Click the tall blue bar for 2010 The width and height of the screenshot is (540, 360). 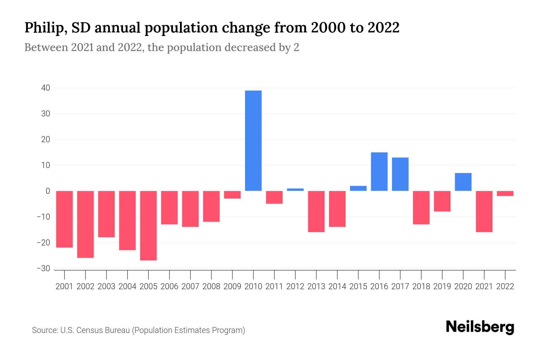tap(253, 140)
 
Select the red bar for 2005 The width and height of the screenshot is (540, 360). tap(148, 225)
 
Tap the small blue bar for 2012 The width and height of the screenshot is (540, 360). tap(295, 190)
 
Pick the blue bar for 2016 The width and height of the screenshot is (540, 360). tap(379, 172)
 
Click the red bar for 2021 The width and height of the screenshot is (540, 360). tap(484, 211)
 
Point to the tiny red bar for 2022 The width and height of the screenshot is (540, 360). tap(505, 193)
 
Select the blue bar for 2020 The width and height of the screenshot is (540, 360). tap(463, 182)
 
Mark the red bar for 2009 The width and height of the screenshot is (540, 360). tap(232, 195)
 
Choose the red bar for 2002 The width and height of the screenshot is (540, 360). tap(85, 224)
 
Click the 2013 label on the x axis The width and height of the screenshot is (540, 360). tap(316, 286)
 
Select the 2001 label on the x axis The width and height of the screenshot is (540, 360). tap(64, 286)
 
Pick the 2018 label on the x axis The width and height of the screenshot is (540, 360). tap(421, 286)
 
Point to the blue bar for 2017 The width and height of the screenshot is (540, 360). tap(400, 174)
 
